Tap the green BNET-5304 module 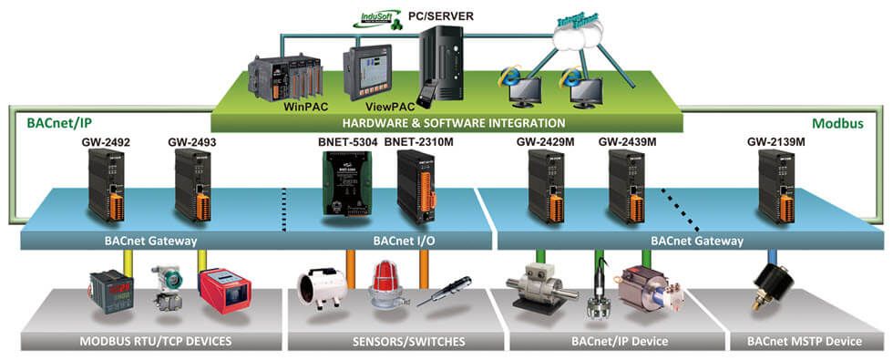(344, 183)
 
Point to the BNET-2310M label (418, 142)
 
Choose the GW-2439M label (627, 142)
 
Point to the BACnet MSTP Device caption (804, 341)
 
